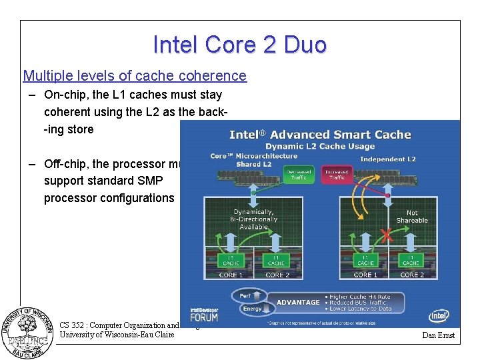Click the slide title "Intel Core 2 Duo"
coord(240,45)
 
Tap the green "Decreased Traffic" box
coord(298,174)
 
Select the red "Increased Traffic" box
coord(337,174)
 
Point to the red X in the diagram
coord(386,235)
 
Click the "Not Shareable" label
coord(412,217)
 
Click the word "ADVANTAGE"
coord(298,302)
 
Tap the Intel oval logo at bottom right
coord(439,315)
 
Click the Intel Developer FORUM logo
coord(205,314)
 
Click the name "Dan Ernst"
coord(439,335)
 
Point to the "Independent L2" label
coord(387,159)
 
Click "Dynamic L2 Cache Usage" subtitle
coord(320,147)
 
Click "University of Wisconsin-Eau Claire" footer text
coord(117,335)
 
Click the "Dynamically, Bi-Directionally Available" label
coord(253,219)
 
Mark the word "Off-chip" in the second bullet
coord(65,164)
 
